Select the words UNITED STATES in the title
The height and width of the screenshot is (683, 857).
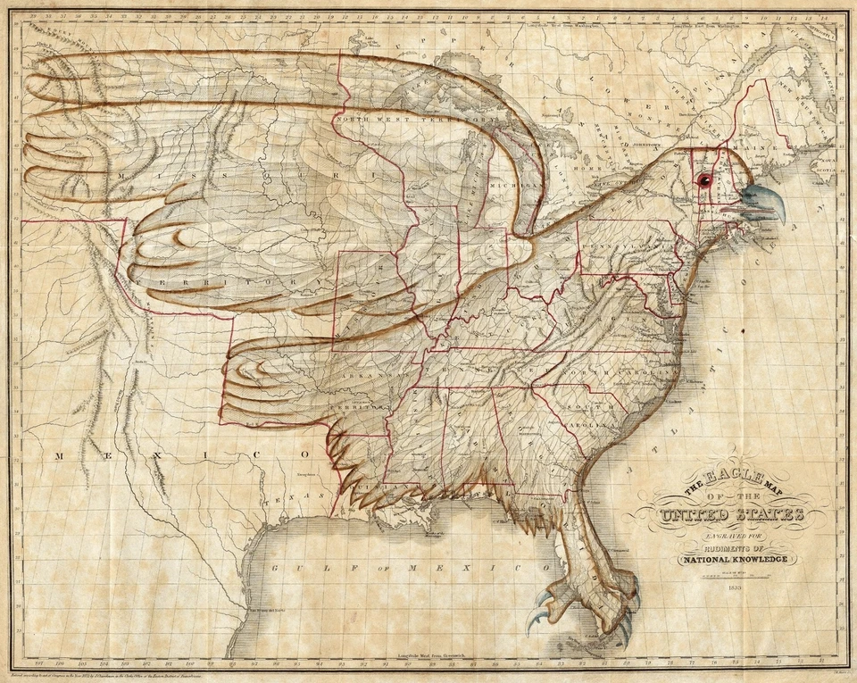click(731, 516)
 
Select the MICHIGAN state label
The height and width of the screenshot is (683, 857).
click(524, 185)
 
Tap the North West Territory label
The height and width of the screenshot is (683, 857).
click(404, 120)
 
